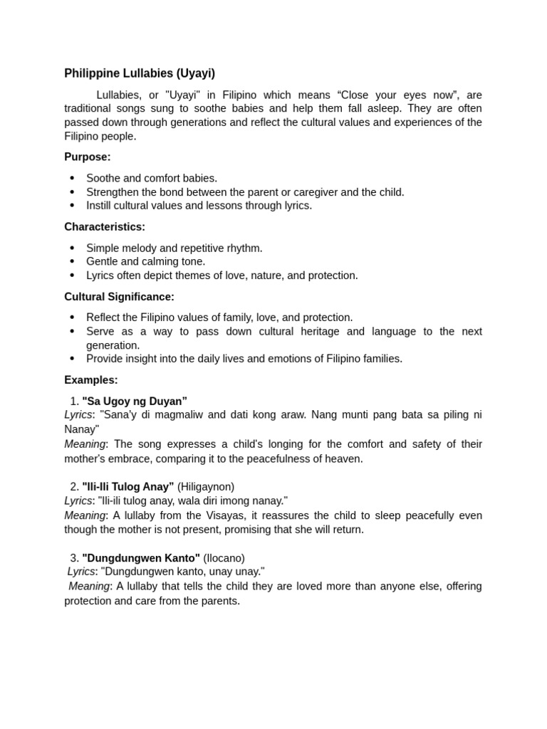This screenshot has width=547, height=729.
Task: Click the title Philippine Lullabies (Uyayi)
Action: point(140,73)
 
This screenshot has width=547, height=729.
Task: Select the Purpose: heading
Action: point(88,157)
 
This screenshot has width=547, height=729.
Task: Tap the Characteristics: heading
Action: point(105,227)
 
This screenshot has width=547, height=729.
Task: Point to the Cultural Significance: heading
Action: point(119,297)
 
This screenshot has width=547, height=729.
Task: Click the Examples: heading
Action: point(91,380)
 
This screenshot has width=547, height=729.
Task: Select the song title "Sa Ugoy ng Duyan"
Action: point(135,401)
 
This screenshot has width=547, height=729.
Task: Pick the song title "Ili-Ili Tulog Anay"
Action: point(128,487)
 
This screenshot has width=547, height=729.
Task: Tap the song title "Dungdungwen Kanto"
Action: point(141,558)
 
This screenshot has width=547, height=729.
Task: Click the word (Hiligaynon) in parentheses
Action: point(206,487)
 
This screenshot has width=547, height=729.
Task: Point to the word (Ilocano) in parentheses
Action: point(224,558)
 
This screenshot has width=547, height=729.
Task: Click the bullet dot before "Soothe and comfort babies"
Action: point(72,179)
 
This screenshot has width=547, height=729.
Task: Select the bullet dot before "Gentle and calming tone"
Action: point(72,262)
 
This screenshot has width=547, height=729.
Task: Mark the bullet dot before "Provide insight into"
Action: point(72,359)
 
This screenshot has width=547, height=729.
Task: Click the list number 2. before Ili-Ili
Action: point(75,487)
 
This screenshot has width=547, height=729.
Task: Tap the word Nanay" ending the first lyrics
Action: point(82,429)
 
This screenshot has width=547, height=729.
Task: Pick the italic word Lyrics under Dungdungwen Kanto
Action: point(81,572)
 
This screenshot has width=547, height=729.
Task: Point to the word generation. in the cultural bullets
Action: point(113,345)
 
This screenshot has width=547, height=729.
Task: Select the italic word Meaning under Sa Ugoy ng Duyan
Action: point(85,444)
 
